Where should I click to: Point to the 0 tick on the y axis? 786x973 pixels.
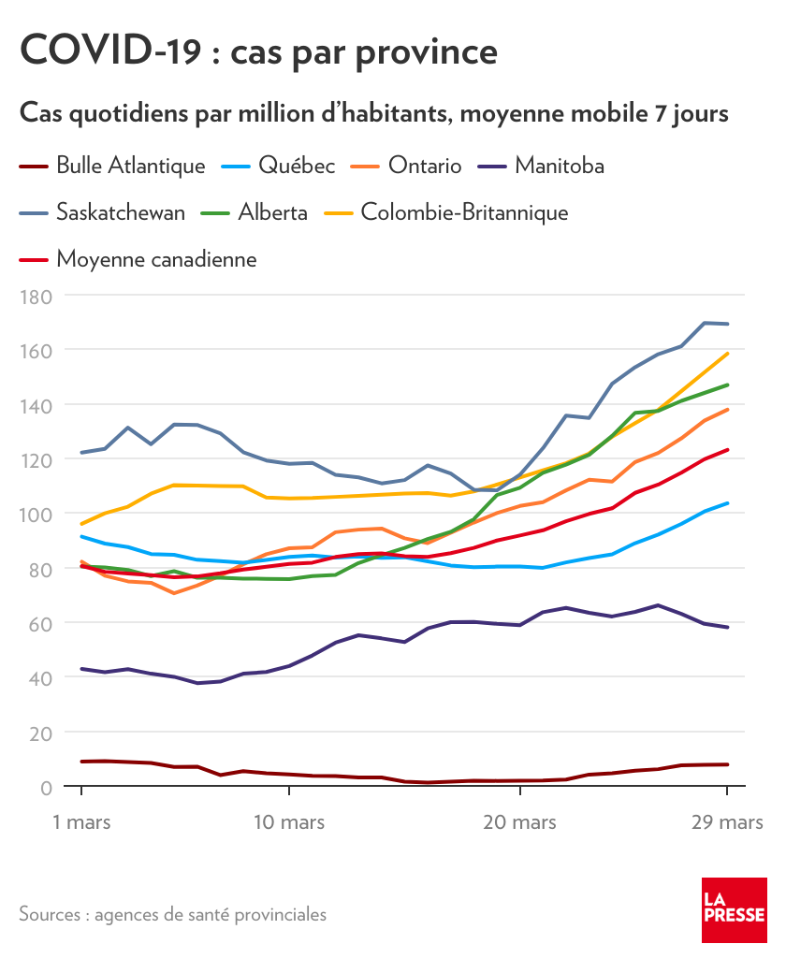click(45, 787)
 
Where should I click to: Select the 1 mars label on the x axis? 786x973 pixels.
click(81, 823)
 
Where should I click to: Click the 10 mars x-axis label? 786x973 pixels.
click(289, 823)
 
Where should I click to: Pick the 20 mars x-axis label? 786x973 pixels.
click(519, 823)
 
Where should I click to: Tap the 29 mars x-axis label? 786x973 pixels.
click(727, 823)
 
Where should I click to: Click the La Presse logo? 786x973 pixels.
click(735, 910)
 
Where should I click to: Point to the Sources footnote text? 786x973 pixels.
click(173, 914)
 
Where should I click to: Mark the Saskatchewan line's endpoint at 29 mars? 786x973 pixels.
click(727, 324)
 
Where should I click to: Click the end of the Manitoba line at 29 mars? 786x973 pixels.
click(727, 627)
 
